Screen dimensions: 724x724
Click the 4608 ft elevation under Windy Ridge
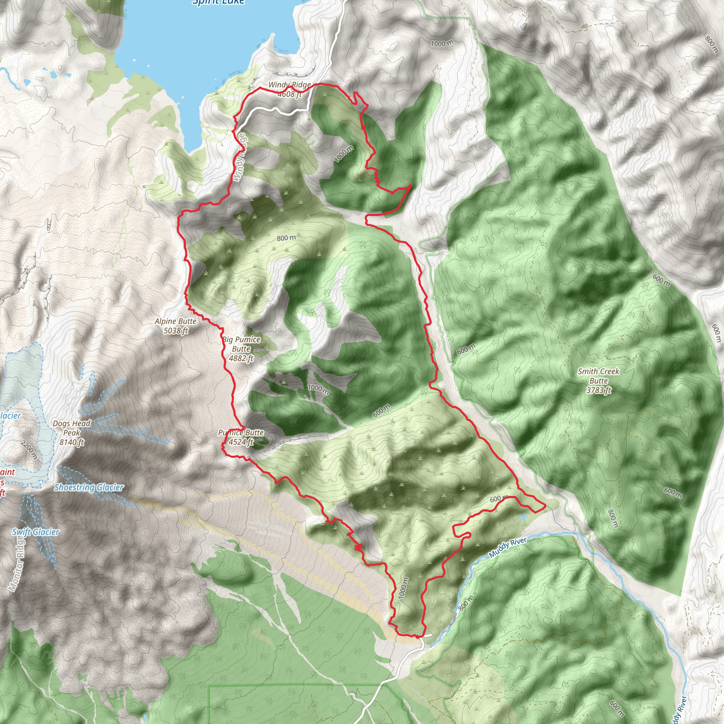point(289,94)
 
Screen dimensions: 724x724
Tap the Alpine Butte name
point(175,321)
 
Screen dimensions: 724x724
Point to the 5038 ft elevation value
point(175,331)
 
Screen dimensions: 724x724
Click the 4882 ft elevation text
point(241,358)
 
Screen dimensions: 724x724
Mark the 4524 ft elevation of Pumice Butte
point(241,442)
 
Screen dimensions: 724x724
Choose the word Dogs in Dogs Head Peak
point(61,424)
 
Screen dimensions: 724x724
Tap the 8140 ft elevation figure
point(71,442)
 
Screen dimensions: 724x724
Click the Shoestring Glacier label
point(89,487)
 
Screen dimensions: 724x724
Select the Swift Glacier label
point(36,532)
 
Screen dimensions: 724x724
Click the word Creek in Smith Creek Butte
point(609,372)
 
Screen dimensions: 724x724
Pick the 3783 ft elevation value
point(599,390)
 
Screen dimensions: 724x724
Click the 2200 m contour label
point(29,450)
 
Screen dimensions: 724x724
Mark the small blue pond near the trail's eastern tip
point(522,518)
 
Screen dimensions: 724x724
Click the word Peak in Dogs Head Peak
point(71,433)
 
